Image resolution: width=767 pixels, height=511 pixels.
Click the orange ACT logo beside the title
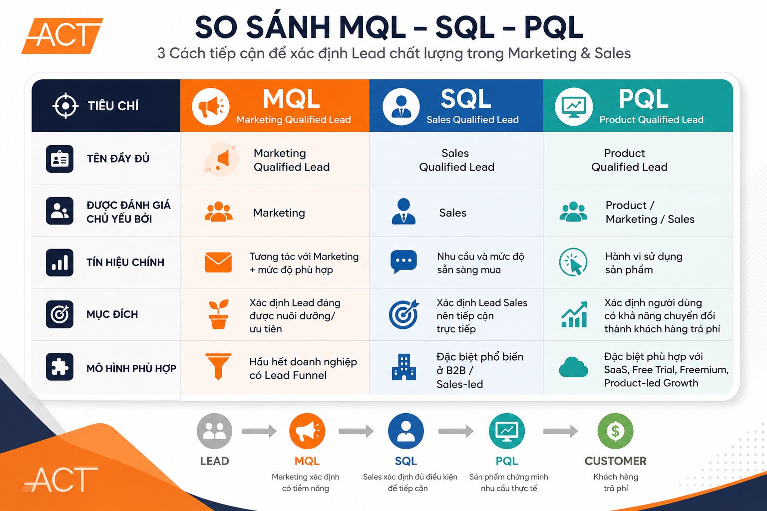click(x=62, y=35)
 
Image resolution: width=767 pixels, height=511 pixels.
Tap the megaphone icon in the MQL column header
click(x=211, y=106)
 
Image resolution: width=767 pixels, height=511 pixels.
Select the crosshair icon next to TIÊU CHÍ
click(x=65, y=106)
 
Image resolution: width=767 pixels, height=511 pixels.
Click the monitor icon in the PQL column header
click(x=574, y=106)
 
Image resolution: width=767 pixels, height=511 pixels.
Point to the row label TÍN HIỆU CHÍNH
click(x=125, y=262)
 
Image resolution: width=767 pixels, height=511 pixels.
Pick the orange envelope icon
click(x=218, y=262)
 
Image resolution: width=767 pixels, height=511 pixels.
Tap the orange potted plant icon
click(x=218, y=314)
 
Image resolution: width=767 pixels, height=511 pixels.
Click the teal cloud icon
click(x=574, y=367)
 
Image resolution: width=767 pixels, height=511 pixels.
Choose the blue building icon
click(x=403, y=367)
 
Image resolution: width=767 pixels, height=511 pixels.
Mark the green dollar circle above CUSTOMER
click(x=615, y=431)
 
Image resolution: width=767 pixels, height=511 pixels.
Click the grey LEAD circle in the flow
click(x=214, y=431)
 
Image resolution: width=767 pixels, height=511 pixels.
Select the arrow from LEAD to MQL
click(x=259, y=431)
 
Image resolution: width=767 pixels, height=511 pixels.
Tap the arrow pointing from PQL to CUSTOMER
click(x=561, y=431)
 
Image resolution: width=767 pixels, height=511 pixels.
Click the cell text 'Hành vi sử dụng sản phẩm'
click(x=644, y=263)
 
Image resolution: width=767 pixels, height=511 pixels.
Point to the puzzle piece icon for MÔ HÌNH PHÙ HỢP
click(x=59, y=367)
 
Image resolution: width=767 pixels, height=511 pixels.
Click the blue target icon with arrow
click(x=404, y=314)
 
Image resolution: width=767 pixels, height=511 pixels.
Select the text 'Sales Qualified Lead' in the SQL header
click(x=472, y=119)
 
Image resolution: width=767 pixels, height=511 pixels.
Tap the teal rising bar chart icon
click(x=574, y=314)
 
